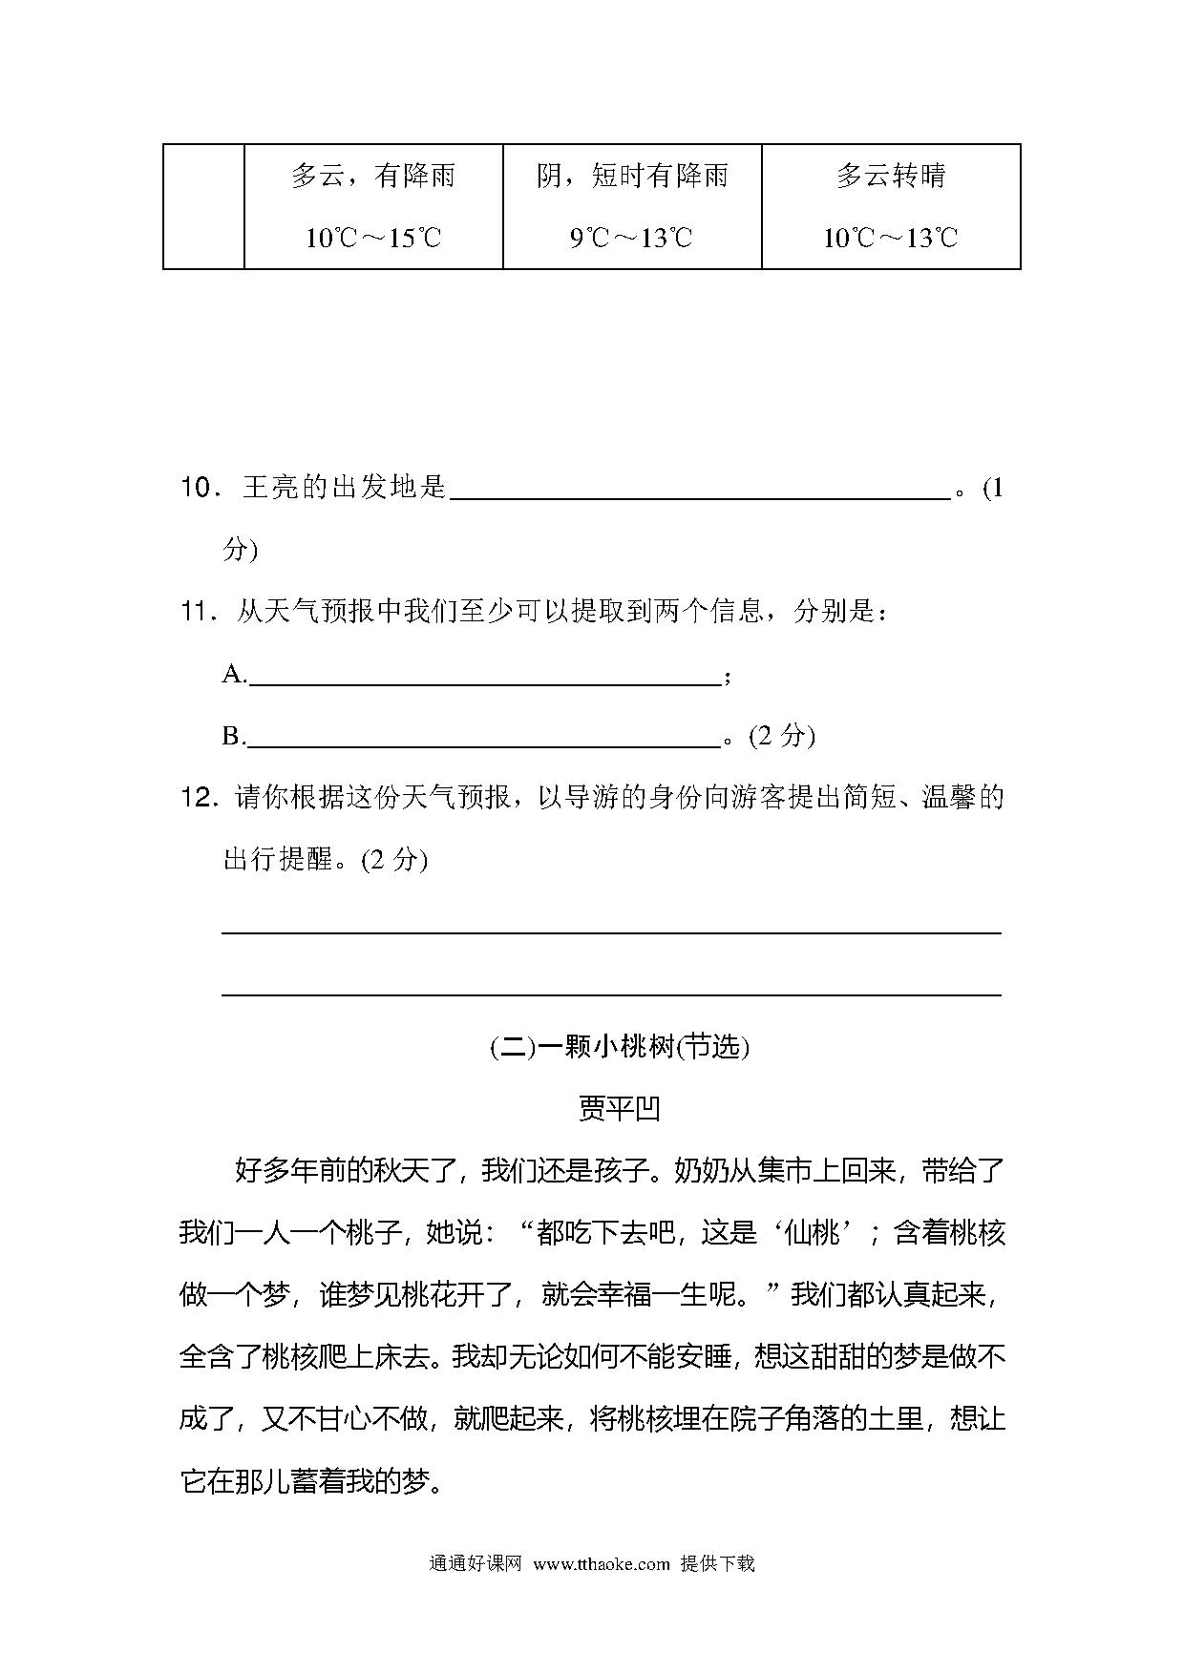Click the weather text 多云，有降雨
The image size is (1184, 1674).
(x=373, y=177)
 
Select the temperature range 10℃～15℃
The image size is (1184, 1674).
(x=373, y=238)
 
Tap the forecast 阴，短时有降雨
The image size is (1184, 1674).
(x=632, y=177)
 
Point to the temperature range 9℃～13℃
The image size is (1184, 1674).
(x=632, y=238)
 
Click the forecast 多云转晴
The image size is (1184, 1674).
(x=891, y=177)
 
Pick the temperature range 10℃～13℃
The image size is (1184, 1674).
(x=891, y=238)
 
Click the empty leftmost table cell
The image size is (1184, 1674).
(x=203, y=206)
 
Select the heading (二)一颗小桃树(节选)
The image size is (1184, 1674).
(x=620, y=1047)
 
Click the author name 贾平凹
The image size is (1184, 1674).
(x=620, y=1109)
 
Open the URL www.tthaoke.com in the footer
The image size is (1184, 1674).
(x=602, y=1564)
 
